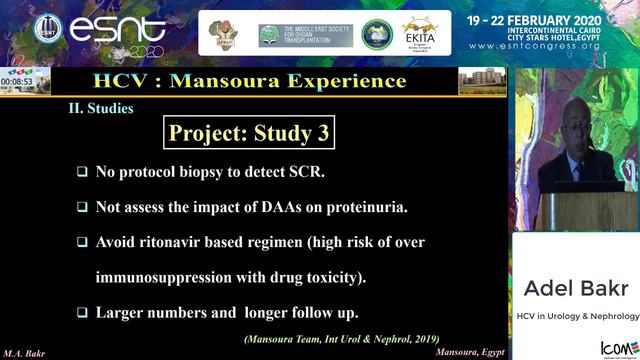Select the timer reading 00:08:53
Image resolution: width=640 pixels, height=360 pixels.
(x=18, y=82)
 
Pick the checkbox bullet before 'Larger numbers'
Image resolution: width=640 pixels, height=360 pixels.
(x=83, y=312)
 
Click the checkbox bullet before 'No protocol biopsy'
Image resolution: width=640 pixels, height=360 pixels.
(x=83, y=172)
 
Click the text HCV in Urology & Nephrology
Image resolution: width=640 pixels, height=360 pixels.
(x=577, y=316)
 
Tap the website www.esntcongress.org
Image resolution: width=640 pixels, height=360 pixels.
(x=550, y=46)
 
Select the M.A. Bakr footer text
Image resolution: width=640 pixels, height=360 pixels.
(x=24, y=353)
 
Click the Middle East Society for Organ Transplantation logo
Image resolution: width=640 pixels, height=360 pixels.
(x=298, y=34)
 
